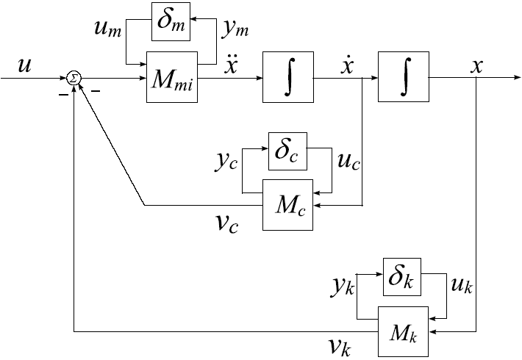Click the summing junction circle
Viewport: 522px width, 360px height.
pos(74,76)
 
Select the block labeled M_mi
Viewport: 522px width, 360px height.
pos(171,76)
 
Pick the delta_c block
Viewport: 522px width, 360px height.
pos(287,151)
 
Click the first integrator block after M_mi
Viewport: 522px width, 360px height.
pos(287,76)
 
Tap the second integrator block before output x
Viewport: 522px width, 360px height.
pos(403,76)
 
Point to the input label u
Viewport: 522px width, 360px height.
pos(25,66)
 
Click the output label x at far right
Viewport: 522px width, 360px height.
pos(477,65)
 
